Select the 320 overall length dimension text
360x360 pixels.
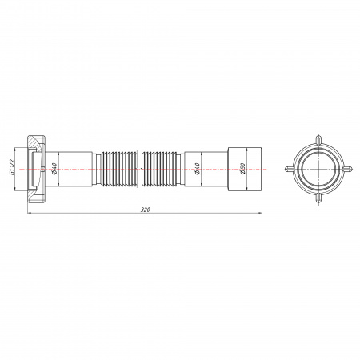pyautogui.click(x=145, y=209)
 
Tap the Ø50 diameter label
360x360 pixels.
pyautogui.click(x=242, y=170)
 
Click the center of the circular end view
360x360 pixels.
pyautogui.click(x=318, y=170)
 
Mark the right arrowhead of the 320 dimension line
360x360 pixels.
pyautogui.click(x=261, y=213)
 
